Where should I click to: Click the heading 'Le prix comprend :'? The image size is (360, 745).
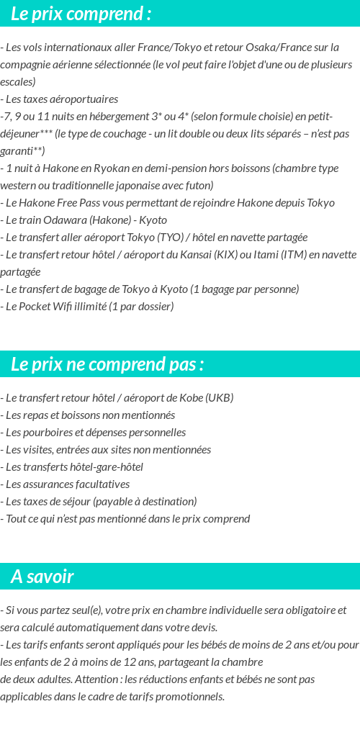(81, 13)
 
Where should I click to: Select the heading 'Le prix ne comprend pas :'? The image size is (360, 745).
(107, 364)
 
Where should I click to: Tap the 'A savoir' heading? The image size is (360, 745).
(42, 577)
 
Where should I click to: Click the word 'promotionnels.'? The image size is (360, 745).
(189, 697)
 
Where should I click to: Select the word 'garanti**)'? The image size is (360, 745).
(22, 151)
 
